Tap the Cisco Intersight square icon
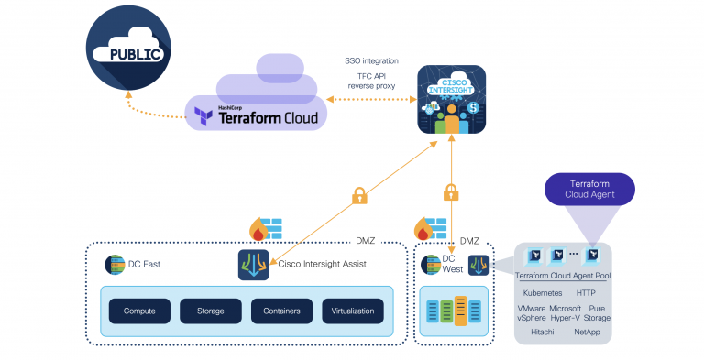(x=451, y=101)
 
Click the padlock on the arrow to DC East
(x=359, y=195)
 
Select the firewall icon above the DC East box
(x=265, y=229)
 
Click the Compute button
(x=139, y=311)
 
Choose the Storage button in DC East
(x=210, y=311)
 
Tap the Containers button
(x=281, y=311)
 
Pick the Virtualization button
(x=352, y=311)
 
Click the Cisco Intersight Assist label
(x=323, y=264)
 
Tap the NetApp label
(x=587, y=332)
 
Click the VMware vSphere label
(x=535, y=313)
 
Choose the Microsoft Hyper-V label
(x=566, y=313)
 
